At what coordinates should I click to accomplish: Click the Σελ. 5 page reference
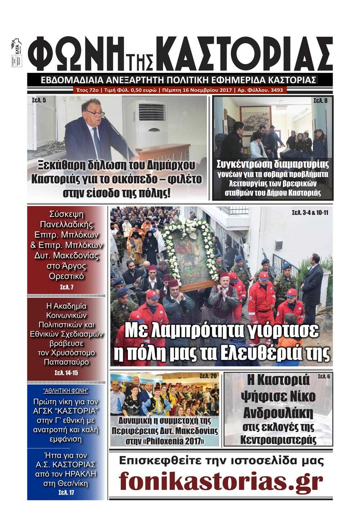click(36, 100)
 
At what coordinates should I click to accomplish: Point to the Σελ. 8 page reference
click(320, 101)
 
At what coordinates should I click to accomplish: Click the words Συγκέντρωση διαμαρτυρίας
click(273, 164)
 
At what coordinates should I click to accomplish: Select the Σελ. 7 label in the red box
click(66, 287)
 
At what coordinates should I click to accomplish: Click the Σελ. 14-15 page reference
click(66, 373)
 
